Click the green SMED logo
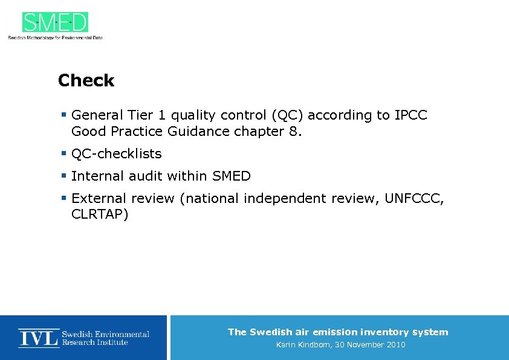pos(55,22)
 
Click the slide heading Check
pos(86,80)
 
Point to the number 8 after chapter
pos(293,131)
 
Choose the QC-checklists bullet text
pos(116,153)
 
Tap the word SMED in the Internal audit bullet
pos(231,176)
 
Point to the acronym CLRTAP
pos(100,214)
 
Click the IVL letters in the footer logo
pos(38,338)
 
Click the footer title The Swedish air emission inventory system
pos(338,332)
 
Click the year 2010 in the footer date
pos(394,345)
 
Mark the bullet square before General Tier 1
pos(63,114)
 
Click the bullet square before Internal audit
pos(63,175)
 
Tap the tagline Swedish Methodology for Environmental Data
pos(55,37)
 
